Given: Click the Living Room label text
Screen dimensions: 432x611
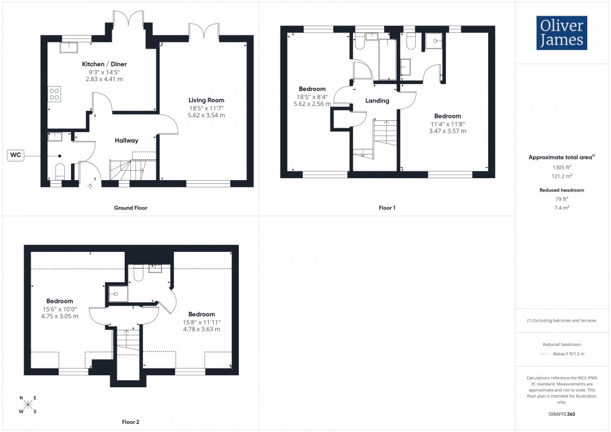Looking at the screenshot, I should [x=206, y=100].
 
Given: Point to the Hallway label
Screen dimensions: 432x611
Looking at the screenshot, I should [x=126, y=140].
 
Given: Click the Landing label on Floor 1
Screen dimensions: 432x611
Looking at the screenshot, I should [x=377, y=100].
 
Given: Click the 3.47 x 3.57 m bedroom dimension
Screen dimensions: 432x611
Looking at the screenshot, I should [x=447, y=132].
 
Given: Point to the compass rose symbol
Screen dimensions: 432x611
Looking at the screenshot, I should [x=27, y=405].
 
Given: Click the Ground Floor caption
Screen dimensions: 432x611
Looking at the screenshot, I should [x=131, y=208].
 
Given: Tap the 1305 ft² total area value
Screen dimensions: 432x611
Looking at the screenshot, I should [x=562, y=168].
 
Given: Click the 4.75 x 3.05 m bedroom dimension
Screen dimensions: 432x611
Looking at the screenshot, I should [x=59, y=316].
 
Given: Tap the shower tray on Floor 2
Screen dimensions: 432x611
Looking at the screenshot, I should [x=115, y=294].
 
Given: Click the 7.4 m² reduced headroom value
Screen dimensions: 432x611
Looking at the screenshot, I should [x=562, y=207].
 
